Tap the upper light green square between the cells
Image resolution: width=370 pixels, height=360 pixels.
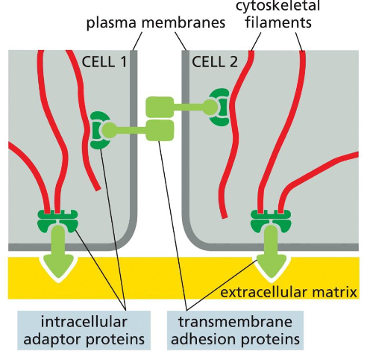(x=160, y=106)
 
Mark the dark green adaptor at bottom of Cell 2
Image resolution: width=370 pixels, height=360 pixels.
(x=271, y=221)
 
